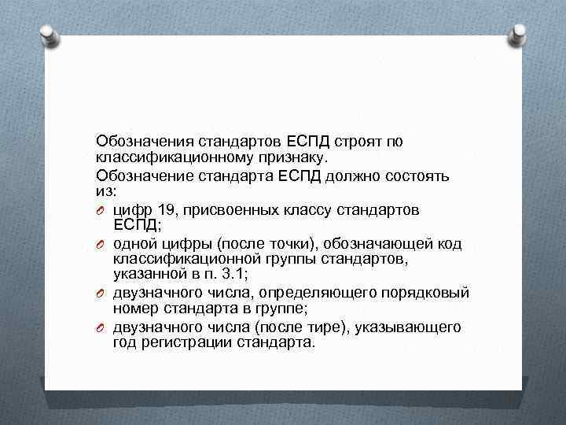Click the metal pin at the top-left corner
click(x=46, y=34)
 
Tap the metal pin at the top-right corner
click(x=520, y=34)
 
